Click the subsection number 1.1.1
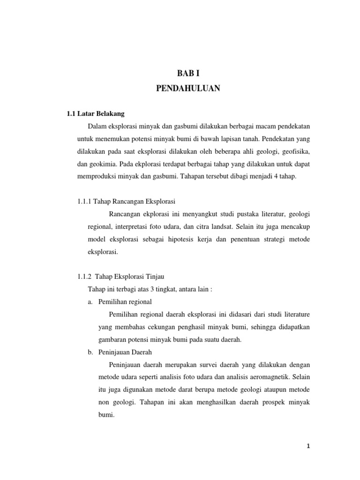click(85, 201)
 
